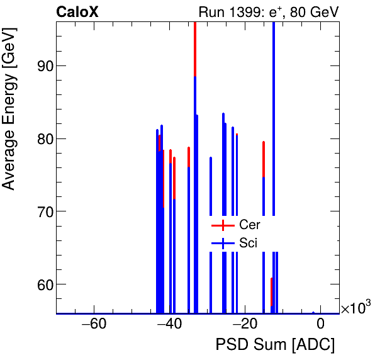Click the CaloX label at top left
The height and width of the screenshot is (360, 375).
(x=77, y=12)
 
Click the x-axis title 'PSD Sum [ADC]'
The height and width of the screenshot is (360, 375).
(x=275, y=345)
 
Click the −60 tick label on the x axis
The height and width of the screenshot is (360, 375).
(x=94, y=325)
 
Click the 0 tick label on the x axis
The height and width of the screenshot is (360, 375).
(x=320, y=325)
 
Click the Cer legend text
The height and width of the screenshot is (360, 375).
(x=249, y=225)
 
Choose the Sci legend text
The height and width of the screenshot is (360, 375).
(x=249, y=242)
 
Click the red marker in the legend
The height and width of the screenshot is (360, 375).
(x=223, y=225)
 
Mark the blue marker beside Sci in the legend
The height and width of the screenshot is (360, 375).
(x=223, y=242)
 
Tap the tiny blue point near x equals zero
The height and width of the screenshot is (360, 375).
(x=313, y=312)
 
